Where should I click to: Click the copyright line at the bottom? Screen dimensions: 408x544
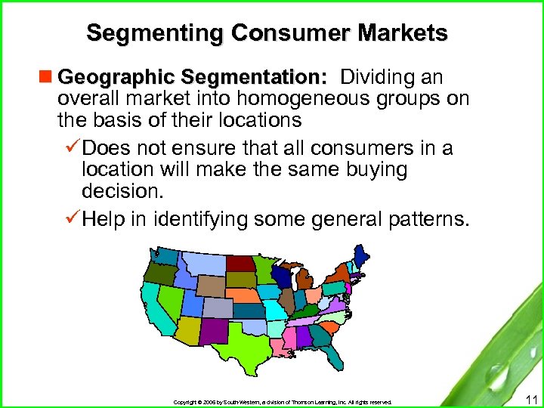[283, 403]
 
